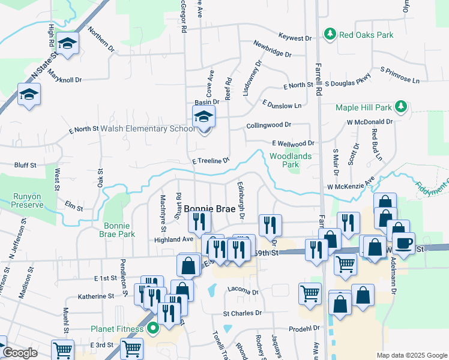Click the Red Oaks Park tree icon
pyautogui.click(x=330, y=35)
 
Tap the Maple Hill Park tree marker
pyautogui.click(x=401, y=107)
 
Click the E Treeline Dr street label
pyautogui.click(x=211, y=161)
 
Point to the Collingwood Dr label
pyautogui.click(x=268, y=125)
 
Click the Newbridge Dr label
pyautogui.click(x=272, y=49)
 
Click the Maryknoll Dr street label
pyautogui.click(x=65, y=76)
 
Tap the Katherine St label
pyautogui.click(x=95, y=296)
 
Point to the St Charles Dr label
pyautogui.click(x=243, y=313)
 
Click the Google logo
pyautogui.click(x=20, y=353)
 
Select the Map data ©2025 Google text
pyautogui.click(x=412, y=355)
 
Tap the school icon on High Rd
pyautogui.click(x=68, y=44)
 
